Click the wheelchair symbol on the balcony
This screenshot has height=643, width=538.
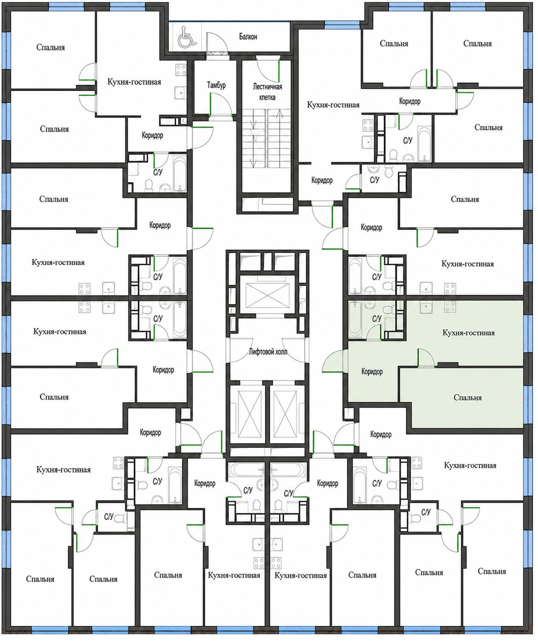coord(188,37)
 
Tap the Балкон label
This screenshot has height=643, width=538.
coord(248,36)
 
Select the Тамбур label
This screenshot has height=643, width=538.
coord(216,85)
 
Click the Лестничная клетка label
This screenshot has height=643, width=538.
coord(267,92)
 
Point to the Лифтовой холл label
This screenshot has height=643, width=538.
coord(268,351)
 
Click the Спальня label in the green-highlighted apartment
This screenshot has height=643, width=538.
coord(467,398)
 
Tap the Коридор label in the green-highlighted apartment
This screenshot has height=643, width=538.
coord(372,371)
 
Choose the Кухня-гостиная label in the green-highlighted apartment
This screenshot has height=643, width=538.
coord(468,333)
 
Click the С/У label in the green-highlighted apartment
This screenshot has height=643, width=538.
coord(377,318)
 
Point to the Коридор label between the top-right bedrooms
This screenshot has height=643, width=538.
coord(410,101)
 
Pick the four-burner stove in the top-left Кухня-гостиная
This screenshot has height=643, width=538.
coord(181,70)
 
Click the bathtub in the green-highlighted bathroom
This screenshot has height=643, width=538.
coord(355,319)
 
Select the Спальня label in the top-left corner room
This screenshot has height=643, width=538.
coord(50,48)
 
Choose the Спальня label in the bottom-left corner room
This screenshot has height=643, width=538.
coord(40,579)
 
